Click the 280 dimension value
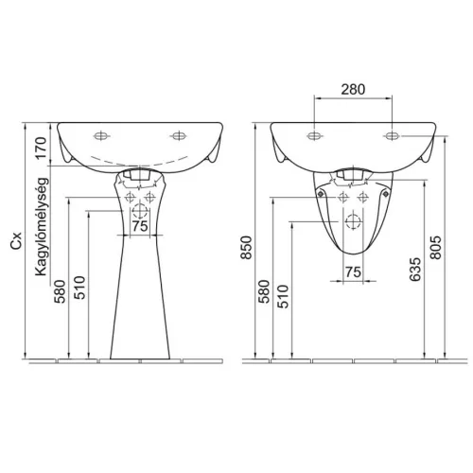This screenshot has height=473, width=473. (353, 90)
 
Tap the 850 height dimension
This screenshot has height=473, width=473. (247, 248)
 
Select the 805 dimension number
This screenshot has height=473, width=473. (436, 248)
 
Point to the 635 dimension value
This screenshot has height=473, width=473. (415, 270)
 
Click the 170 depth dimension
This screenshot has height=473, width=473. (42, 148)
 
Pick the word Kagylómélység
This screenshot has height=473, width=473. (42, 227)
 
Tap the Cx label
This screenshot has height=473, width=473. (16, 241)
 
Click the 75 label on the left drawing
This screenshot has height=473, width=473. (140, 226)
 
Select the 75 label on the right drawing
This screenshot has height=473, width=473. (353, 272)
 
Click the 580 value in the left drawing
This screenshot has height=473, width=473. (60, 291)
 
